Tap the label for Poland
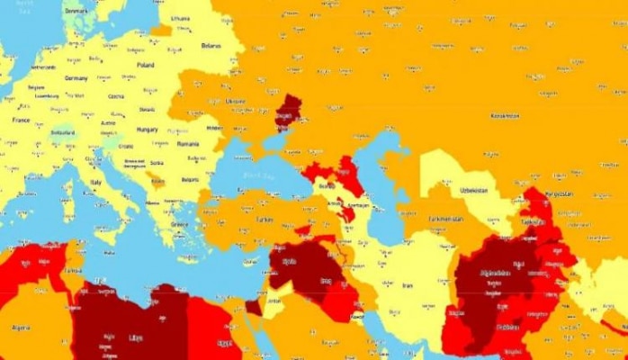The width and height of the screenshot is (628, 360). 145,65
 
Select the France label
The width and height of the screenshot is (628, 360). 21,119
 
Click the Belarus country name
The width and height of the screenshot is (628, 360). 211,46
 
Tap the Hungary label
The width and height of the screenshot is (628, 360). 146,129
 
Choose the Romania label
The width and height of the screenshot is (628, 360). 188,144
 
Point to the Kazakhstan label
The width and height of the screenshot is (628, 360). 505,116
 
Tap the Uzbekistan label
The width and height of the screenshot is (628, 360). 470,192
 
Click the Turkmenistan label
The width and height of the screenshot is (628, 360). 445,219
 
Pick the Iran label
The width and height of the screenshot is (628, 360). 406,284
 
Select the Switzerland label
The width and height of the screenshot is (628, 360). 62,132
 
